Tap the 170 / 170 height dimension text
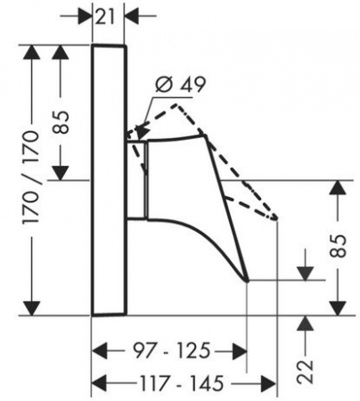(x=31, y=177)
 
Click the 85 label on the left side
(x=61, y=122)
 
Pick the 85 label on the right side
(x=339, y=246)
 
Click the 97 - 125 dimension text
(x=171, y=350)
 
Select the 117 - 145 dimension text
(x=181, y=383)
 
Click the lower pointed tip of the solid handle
(x=248, y=280)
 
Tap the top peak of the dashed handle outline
(x=176, y=104)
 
